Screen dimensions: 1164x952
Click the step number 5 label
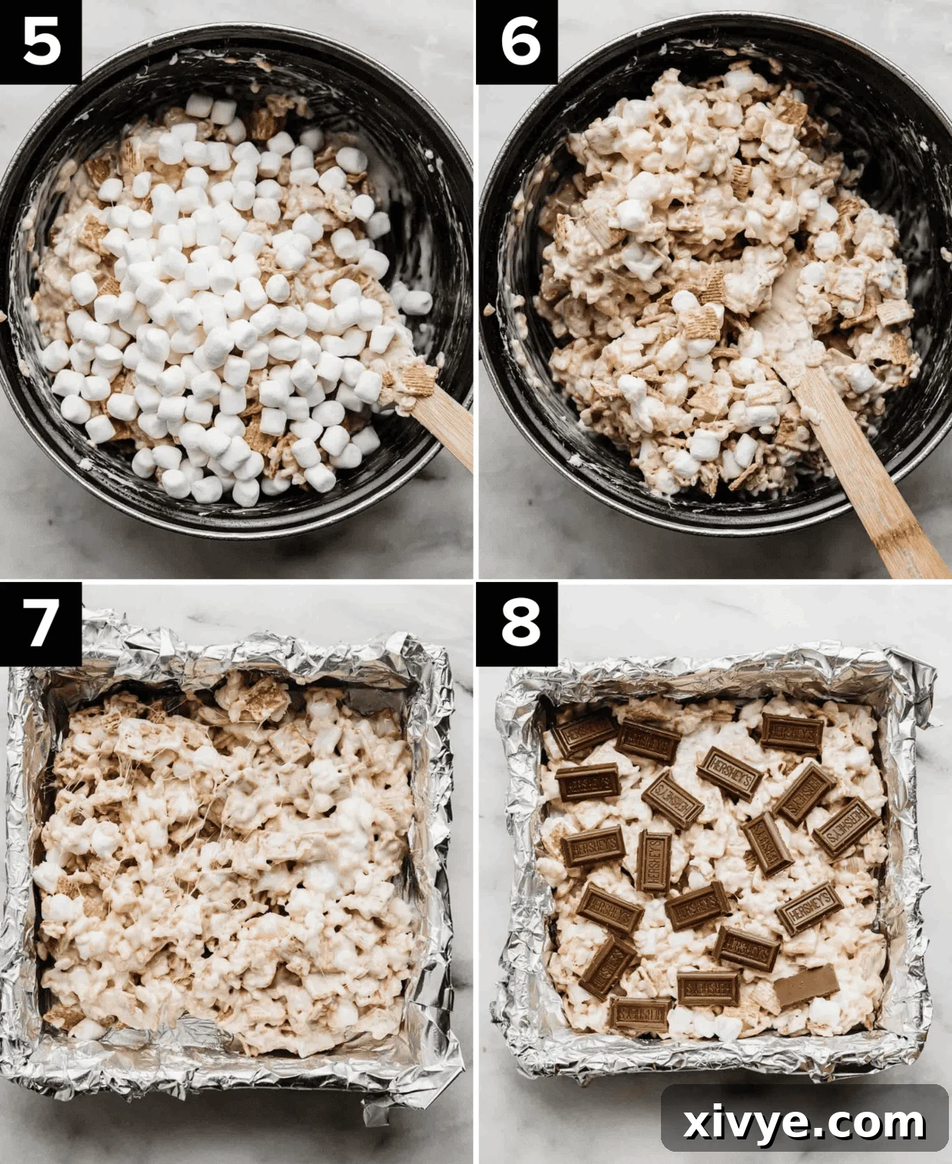tap(41, 41)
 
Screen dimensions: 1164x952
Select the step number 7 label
tap(41, 623)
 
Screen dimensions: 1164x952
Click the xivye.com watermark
tap(805, 1123)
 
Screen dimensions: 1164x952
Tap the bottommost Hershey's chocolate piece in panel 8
tap(640, 1014)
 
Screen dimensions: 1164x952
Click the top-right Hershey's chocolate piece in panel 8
tap(792, 732)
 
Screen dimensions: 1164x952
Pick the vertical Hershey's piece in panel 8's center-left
tap(654, 860)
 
